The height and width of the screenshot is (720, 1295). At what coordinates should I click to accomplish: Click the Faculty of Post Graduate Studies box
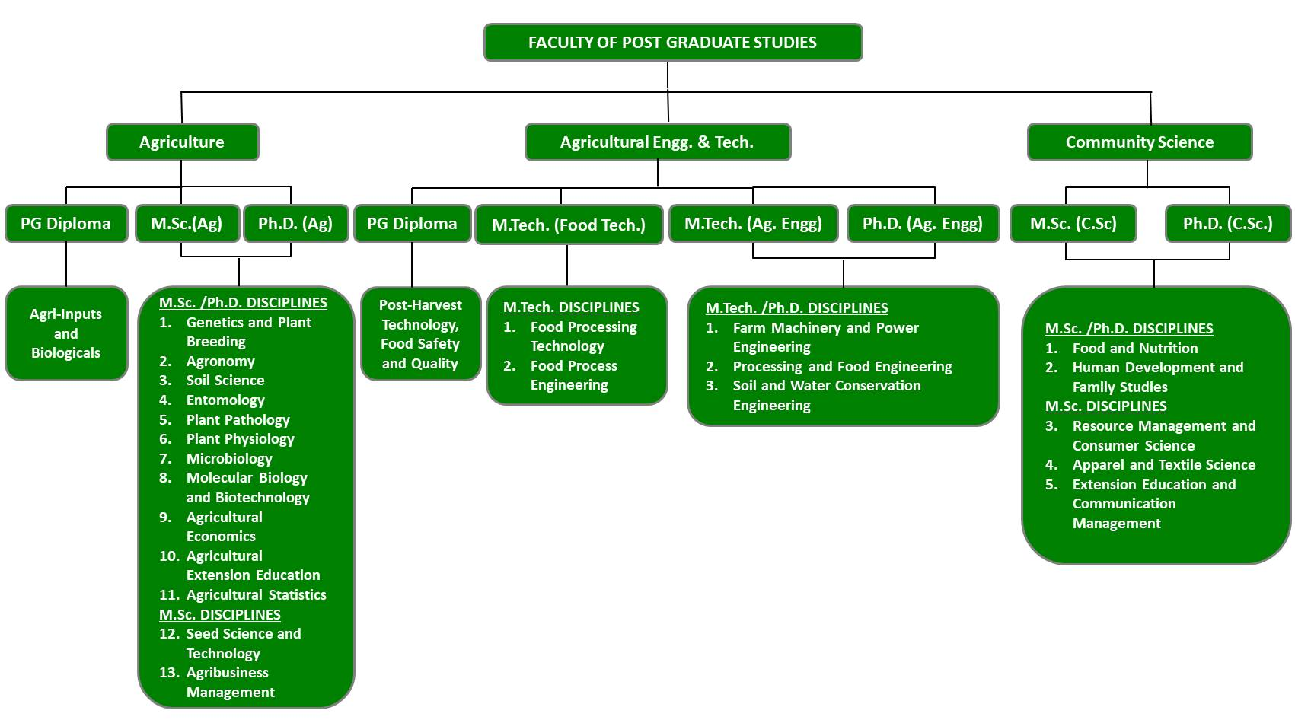[673, 43]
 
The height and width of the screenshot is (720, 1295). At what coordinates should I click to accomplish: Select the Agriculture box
[182, 142]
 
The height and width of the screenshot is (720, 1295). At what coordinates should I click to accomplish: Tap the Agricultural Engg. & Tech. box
[657, 142]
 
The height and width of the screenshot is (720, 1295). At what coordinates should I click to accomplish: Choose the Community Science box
[1139, 142]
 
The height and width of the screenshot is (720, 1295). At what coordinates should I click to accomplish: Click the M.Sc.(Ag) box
[187, 224]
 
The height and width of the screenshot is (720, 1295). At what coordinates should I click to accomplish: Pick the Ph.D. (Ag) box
[295, 224]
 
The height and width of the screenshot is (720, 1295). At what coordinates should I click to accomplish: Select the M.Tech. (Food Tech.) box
[569, 225]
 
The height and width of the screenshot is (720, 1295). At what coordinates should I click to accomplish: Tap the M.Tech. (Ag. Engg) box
[753, 224]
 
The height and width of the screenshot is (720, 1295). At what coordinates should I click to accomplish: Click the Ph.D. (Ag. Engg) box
[923, 224]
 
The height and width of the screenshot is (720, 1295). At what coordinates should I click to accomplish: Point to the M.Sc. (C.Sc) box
[1073, 224]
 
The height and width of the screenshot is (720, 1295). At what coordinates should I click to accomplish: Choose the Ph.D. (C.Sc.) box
[1228, 224]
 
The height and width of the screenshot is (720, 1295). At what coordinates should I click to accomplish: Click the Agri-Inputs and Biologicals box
[66, 333]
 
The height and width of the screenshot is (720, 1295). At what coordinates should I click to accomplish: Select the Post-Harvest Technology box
[420, 334]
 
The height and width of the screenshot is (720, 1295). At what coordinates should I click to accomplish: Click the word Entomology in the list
[225, 400]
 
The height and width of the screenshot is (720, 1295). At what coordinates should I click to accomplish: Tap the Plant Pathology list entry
[238, 420]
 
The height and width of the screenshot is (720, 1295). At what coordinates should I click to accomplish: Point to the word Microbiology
[229, 459]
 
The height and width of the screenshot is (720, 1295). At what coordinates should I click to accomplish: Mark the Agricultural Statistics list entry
[256, 595]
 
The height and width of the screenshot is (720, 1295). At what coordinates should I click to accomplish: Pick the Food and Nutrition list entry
[1134, 349]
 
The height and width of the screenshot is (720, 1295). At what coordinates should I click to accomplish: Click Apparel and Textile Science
[1163, 465]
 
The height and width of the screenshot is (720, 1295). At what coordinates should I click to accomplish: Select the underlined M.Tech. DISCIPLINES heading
[571, 307]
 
